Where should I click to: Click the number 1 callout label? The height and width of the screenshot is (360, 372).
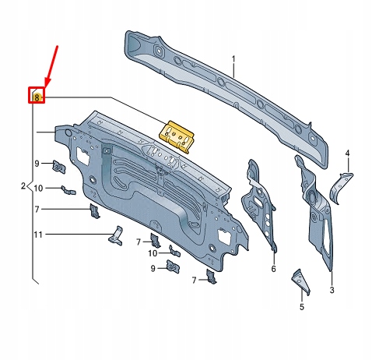coord(232,59)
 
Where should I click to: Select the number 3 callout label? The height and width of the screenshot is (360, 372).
coord(332,291)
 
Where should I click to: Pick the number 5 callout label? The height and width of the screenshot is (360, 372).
coord(303,307)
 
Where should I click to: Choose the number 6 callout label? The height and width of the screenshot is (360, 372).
coord(273,269)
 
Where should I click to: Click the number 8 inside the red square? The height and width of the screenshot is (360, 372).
coord(37,96)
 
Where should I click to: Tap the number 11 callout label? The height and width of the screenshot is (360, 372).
coord(37,234)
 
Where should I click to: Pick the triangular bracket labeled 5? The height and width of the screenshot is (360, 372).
coord(300,281)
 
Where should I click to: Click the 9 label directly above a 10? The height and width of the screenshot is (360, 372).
coord(36,163)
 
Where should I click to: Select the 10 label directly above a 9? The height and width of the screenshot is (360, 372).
coord(153,252)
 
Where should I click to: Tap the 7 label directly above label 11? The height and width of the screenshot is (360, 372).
coord(37,209)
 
